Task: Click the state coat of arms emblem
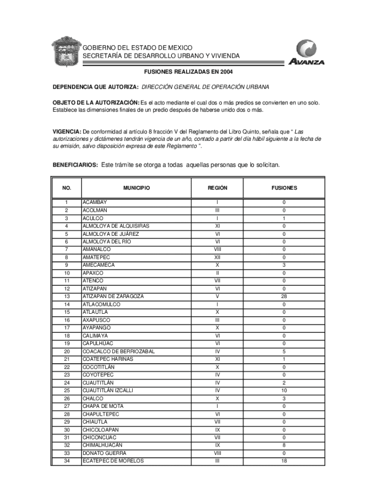(x=65, y=51)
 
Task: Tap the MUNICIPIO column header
(x=137, y=188)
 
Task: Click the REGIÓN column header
(x=217, y=188)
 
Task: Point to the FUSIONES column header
(x=284, y=188)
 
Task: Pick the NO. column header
(x=67, y=188)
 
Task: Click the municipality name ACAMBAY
(x=94, y=202)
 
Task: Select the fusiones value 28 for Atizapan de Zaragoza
(x=284, y=297)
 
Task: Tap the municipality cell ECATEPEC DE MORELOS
(x=113, y=461)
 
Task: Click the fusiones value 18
(x=284, y=461)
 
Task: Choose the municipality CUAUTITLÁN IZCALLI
(x=108, y=391)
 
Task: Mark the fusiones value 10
(x=284, y=391)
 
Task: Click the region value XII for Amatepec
(x=217, y=257)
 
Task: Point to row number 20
(x=67, y=351)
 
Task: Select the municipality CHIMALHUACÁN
(x=102, y=445)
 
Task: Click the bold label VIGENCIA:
(x=67, y=132)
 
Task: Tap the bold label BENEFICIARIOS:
(x=75, y=165)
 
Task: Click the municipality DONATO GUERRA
(x=104, y=453)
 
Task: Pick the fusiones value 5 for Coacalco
(x=284, y=351)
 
